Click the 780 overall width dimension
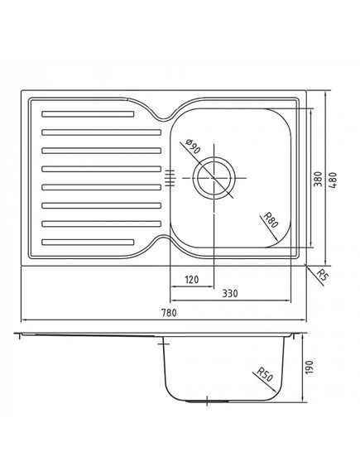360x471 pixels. [x=169, y=313]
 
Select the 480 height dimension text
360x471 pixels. [x=333, y=180]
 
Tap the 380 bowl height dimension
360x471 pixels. [x=318, y=179]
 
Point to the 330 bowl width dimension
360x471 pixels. [x=230, y=293]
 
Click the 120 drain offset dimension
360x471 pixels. [x=191, y=280]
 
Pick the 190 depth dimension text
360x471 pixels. [x=309, y=367]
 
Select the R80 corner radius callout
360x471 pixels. [x=271, y=220]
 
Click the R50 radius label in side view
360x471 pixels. [x=265, y=375]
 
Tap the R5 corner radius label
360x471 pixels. [x=322, y=275]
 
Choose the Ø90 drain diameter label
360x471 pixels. [x=193, y=147]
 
